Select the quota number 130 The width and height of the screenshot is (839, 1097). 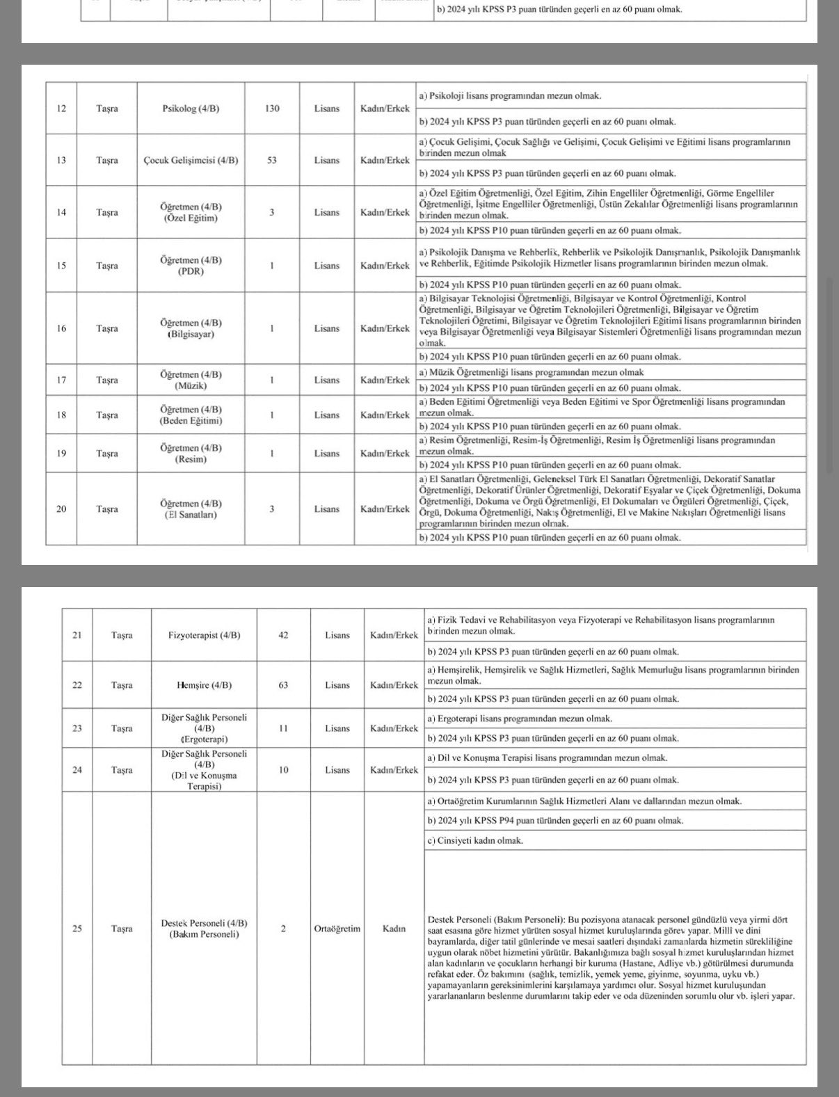272,109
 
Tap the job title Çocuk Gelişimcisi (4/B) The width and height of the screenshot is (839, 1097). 191,160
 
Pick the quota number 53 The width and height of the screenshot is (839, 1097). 272,160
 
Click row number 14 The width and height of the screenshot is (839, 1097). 61,212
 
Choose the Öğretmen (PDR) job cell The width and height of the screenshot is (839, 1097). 191,266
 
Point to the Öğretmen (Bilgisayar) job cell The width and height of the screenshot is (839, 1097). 191,328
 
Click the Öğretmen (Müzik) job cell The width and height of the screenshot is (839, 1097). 191,380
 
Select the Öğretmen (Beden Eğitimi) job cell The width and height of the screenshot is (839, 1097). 191,415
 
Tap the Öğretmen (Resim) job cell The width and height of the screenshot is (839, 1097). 191,454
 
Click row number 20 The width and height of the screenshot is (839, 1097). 61,509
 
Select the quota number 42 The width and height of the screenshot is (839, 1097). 283,635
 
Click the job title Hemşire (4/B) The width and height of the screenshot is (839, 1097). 205,685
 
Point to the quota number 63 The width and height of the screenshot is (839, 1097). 283,685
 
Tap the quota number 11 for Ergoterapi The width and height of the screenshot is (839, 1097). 283,728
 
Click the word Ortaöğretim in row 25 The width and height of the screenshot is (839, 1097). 337,929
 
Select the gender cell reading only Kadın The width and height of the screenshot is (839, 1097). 394,929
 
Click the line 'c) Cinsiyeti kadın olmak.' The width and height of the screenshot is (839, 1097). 475,840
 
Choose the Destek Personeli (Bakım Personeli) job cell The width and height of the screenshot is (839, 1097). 205,929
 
